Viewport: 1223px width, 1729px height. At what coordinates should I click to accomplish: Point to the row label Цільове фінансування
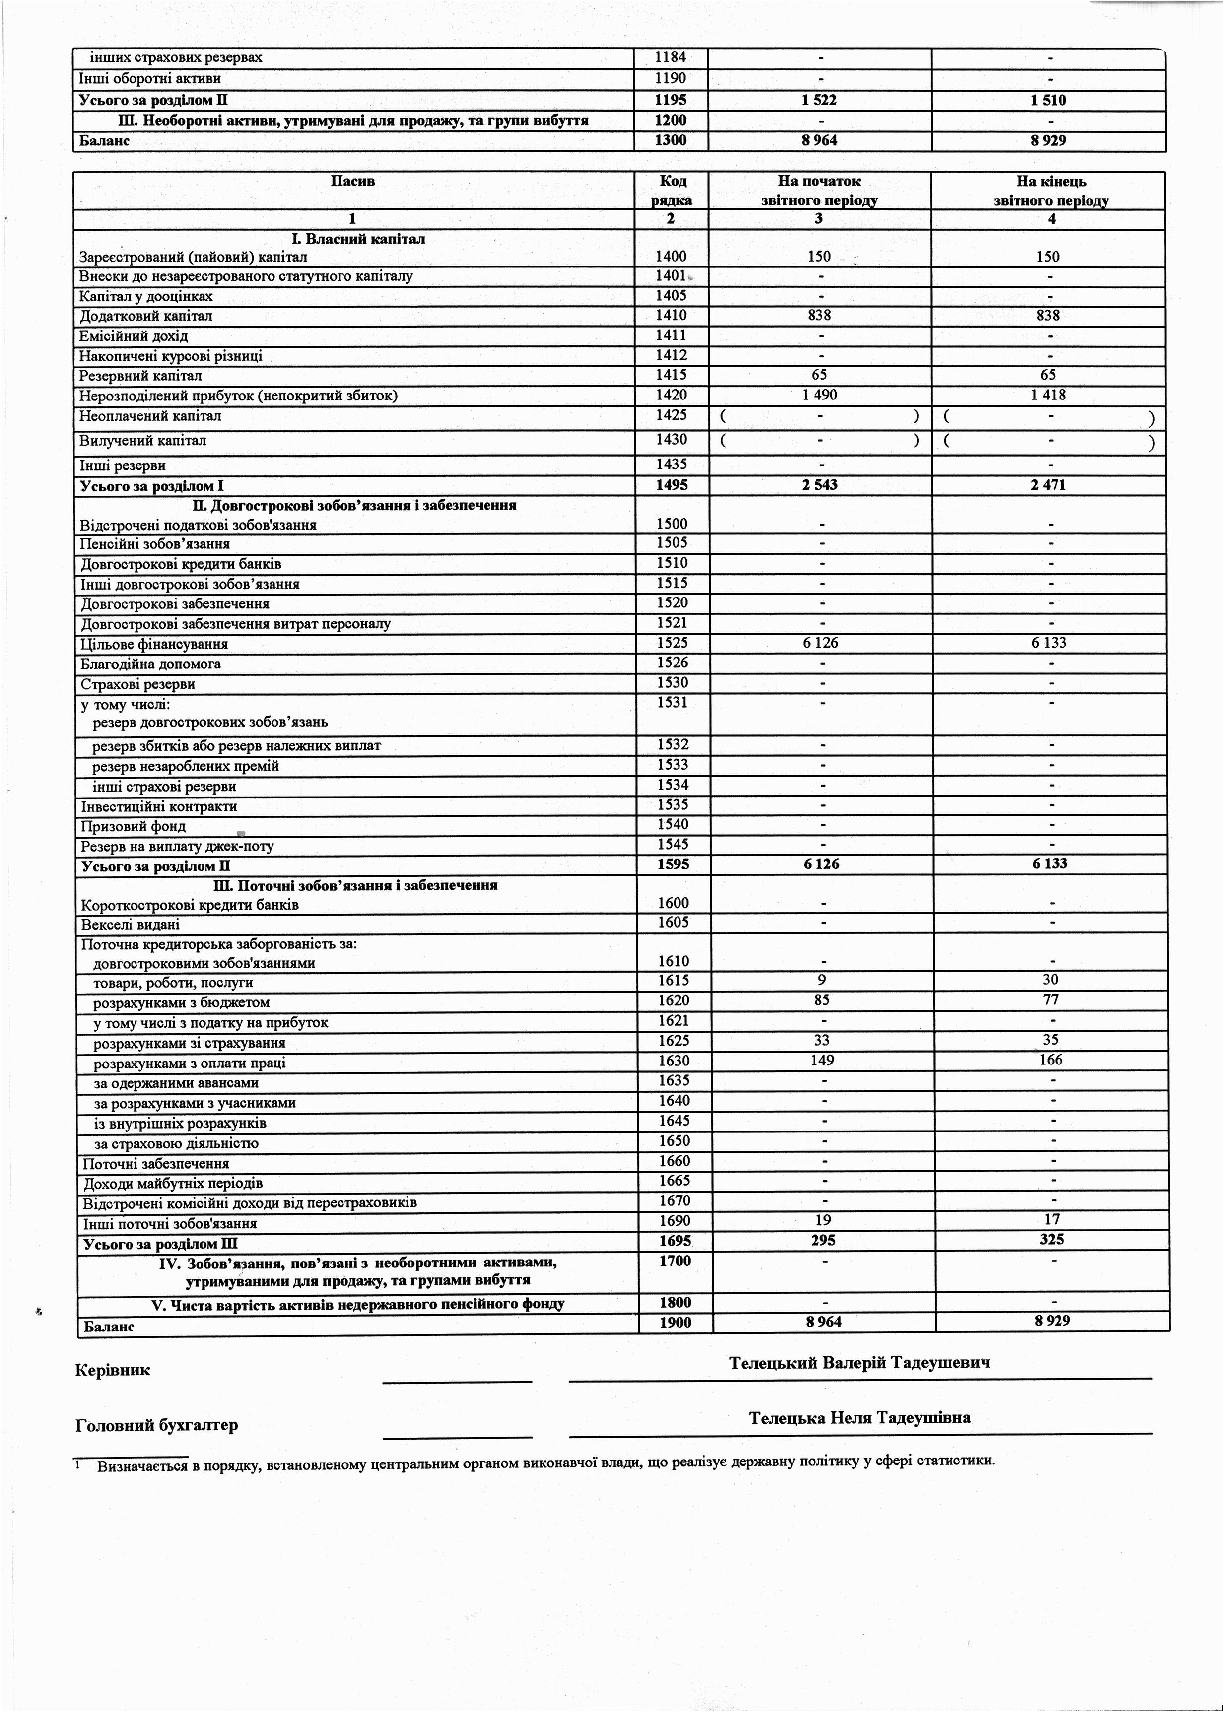pyautogui.click(x=154, y=644)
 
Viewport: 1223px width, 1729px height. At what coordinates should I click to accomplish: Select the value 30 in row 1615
pyautogui.click(x=1051, y=979)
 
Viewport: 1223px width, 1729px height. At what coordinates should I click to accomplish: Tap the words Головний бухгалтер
pyautogui.click(x=157, y=1425)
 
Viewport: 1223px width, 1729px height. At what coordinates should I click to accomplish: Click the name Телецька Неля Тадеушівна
pyautogui.click(x=860, y=1418)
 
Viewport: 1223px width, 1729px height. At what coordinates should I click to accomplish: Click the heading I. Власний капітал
pyautogui.click(x=358, y=239)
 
